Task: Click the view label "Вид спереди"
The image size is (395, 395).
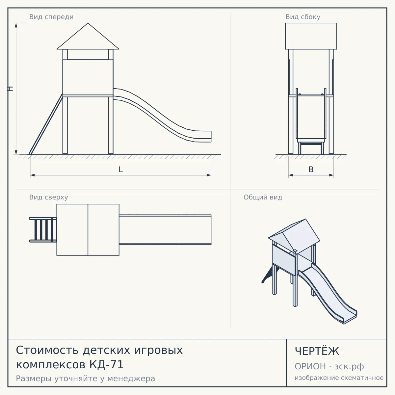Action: [51, 17]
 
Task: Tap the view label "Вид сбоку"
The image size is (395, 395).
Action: [303, 17]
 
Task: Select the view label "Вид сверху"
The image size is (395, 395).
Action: [49, 197]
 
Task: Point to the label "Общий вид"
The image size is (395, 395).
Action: [263, 197]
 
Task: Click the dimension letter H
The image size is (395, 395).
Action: [10, 89]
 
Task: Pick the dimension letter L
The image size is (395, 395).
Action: [121, 170]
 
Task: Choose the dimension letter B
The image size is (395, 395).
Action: [311, 170]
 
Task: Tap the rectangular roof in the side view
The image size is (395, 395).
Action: [311, 36]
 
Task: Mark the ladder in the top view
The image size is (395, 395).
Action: [43, 229]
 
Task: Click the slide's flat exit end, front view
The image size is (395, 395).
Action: [203, 136]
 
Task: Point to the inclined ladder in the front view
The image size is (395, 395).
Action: [46, 124]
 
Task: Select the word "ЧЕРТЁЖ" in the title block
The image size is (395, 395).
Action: [317, 351]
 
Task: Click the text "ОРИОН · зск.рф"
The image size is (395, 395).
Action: [329, 366]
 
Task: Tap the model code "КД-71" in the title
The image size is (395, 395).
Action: [106, 365]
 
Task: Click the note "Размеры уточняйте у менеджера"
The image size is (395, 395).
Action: [86, 379]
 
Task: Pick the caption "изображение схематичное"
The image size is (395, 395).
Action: [339, 378]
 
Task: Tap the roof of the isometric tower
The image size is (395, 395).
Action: [294, 236]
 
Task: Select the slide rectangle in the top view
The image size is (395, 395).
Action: [165, 229]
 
